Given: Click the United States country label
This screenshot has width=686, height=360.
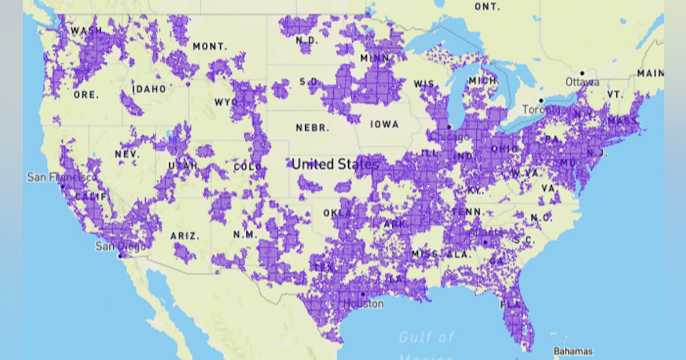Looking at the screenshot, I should point(335,165).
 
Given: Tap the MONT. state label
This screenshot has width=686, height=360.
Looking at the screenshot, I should point(210,46).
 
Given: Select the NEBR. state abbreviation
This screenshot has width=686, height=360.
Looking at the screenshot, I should point(312,127).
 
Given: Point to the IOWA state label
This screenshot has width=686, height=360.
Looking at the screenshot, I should point(384,124).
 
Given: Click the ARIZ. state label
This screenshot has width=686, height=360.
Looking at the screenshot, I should point(185,235).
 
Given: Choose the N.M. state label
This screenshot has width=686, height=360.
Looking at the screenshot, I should point(245,235).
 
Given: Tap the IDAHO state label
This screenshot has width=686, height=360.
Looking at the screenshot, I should point(149,89).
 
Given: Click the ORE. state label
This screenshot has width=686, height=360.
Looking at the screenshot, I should point(86,95).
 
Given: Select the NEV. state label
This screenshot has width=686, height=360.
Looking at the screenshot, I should point(127,154).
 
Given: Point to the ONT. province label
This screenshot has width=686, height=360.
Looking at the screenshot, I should point(487,7).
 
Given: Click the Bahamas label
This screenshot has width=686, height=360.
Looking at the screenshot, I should point(573,351).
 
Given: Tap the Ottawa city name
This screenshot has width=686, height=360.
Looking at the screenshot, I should point(583,82).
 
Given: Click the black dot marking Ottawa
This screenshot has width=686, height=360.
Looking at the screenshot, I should point(582,73).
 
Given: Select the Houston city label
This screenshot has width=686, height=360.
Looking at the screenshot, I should point(364,304).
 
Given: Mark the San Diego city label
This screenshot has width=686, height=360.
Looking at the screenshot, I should point(120,246).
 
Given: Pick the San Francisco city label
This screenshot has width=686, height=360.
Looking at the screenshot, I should point(62,178).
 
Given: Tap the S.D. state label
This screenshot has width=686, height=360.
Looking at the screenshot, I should point(309,82).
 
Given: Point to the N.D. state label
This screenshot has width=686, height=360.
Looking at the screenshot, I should point(307,41).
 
